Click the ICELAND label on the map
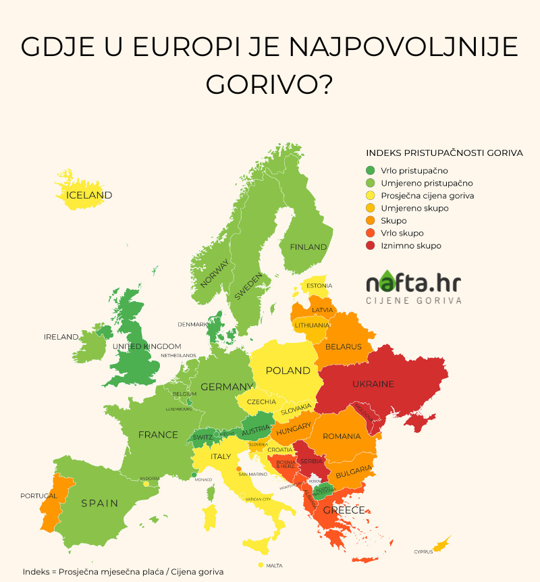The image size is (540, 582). (x=88, y=195)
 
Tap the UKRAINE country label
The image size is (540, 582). (x=373, y=384)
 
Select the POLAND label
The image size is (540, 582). (x=288, y=371)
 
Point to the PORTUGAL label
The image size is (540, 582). (x=38, y=496)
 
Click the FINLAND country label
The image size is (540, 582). (x=308, y=247)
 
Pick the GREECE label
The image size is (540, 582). (x=344, y=510)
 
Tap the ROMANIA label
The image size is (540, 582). (x=342, y=436)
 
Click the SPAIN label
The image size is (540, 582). (x=99, y=503)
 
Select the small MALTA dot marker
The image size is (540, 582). (x=261, y=564)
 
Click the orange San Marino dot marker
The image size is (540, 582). (x=239, y=469)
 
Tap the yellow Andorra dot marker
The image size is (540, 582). (x=146, y=484)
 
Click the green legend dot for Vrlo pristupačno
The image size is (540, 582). (x=370, y=171)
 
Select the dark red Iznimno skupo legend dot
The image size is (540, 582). (x=370, y=246)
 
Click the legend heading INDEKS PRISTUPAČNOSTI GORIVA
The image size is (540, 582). (x=444, y=153)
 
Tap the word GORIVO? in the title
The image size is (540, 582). (x=269, y=84)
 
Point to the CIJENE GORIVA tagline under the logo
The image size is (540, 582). (x=413, y=300)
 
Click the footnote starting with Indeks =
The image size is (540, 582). (x=122, y=571)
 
